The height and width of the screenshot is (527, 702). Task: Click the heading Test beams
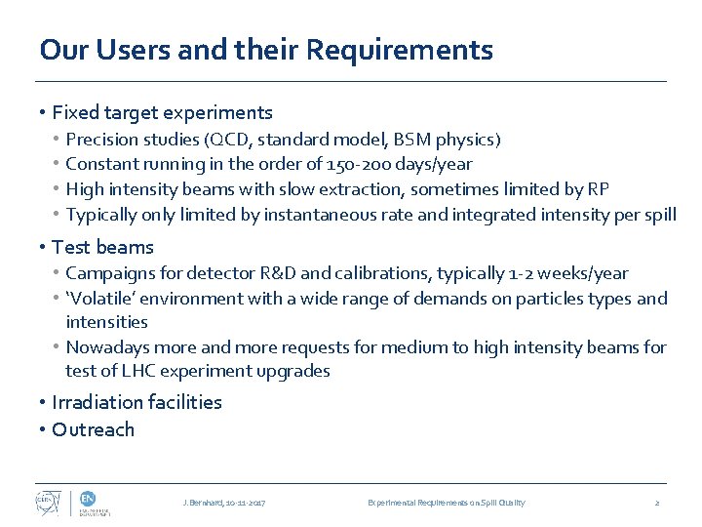(x=102, y=247)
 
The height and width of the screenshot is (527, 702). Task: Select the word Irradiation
(x=99, y=402)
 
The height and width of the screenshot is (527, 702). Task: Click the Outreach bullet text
(x=94, y=429)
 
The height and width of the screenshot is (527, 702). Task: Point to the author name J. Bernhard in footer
(x=203, y=503)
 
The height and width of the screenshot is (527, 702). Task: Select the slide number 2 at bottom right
(x=657, y=503)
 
